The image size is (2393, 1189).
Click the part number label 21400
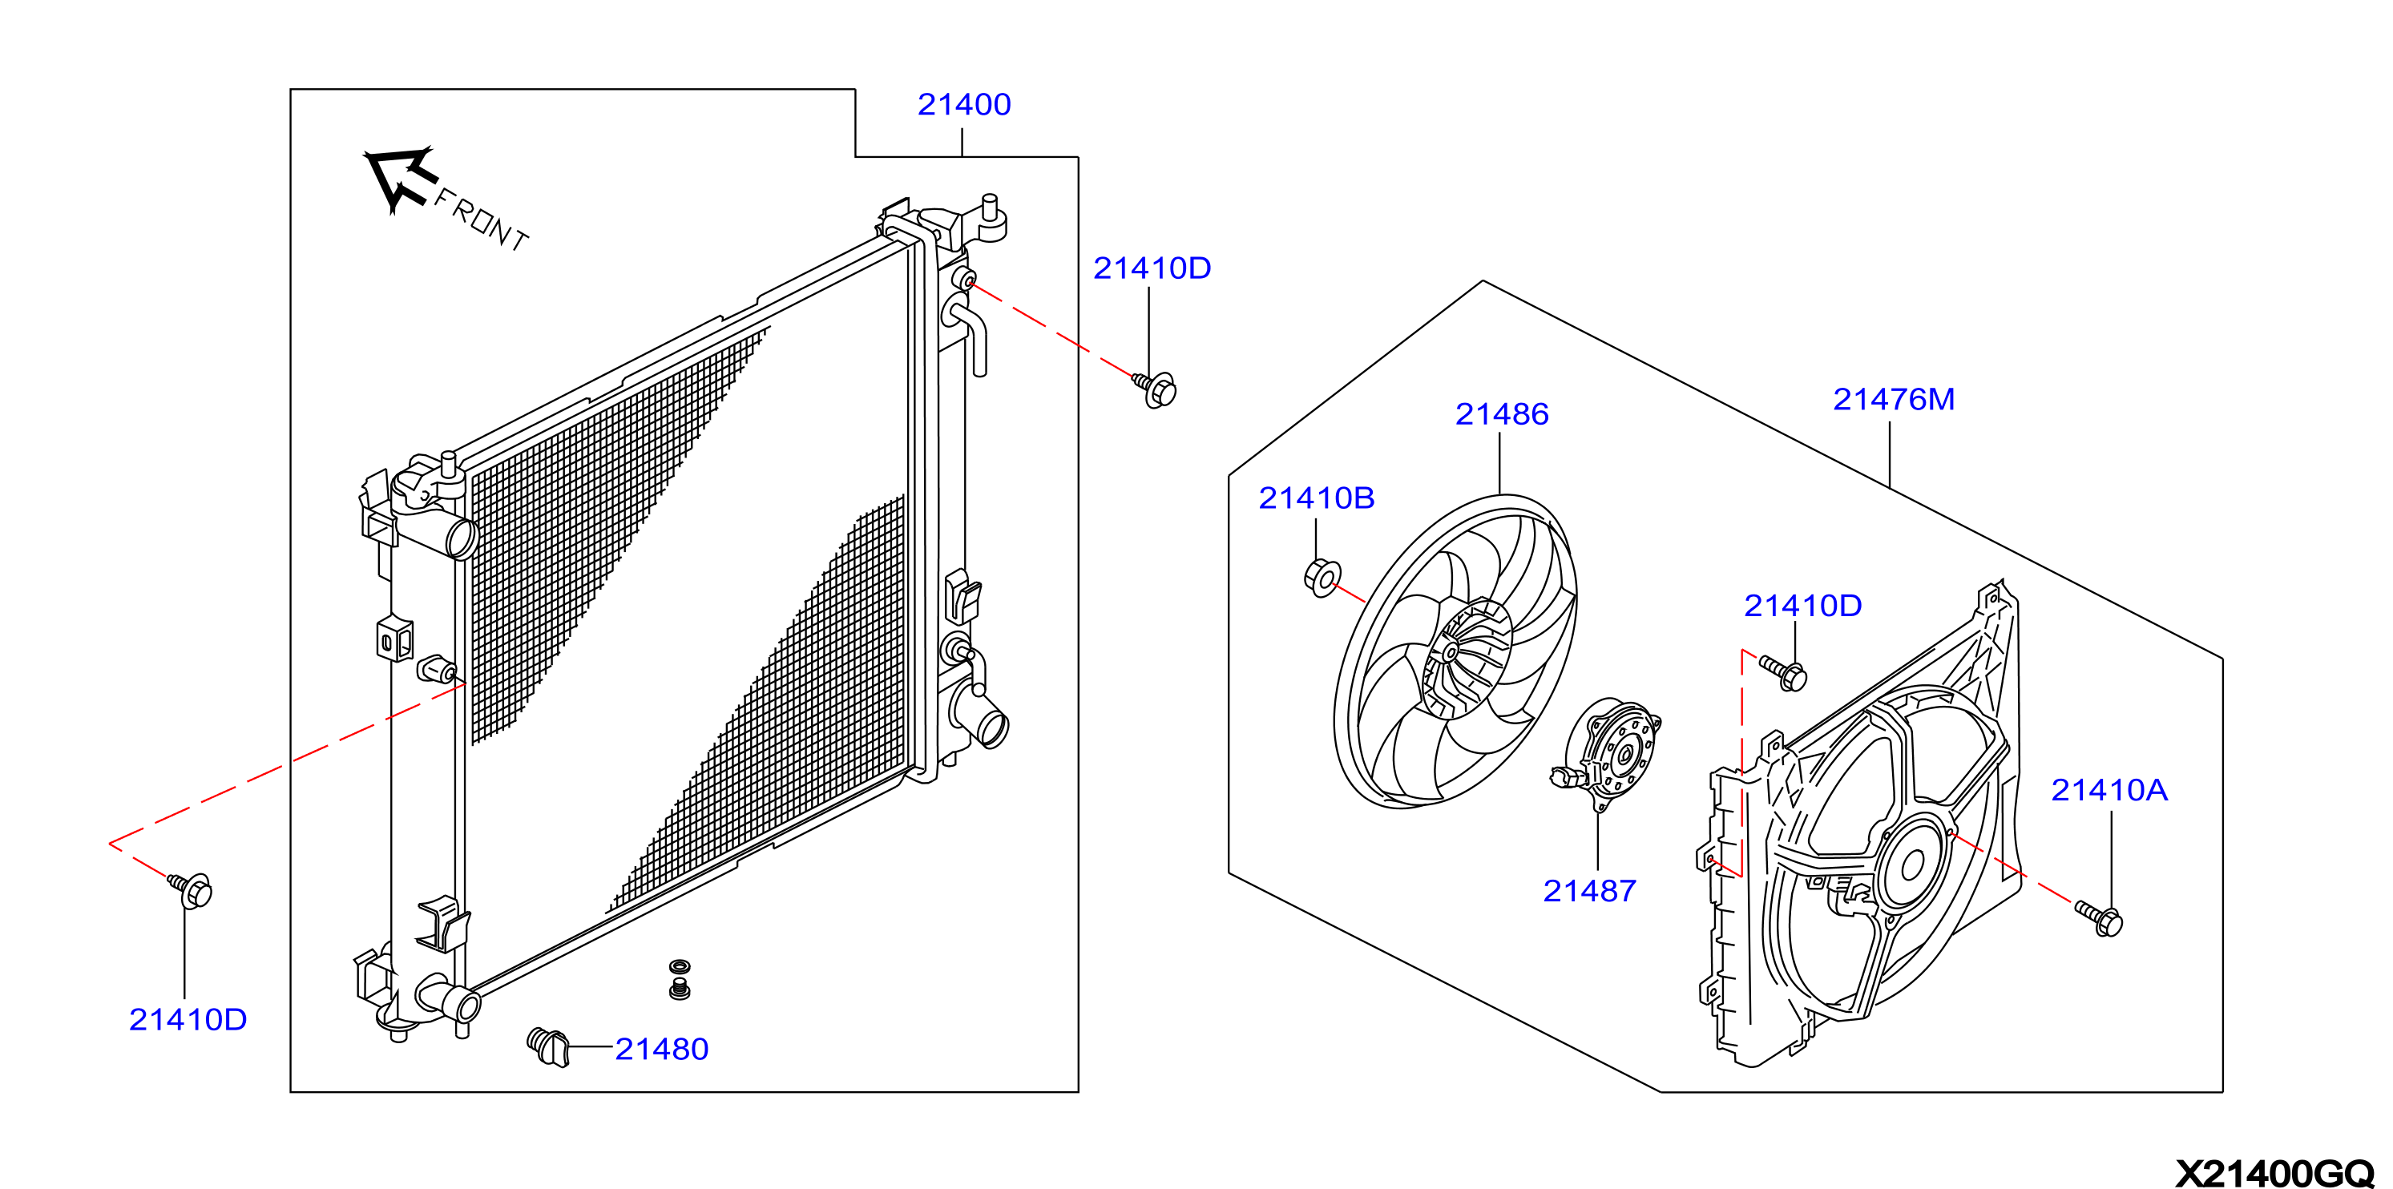(x=963, y=104)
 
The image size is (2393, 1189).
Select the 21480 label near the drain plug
(x=661, y=1049)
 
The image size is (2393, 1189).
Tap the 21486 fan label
(x=1501, y=414)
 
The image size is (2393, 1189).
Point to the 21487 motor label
(x=1589, y=891)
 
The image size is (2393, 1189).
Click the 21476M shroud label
(x=1893, y=400)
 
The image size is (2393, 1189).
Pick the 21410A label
(x=2109, y=791)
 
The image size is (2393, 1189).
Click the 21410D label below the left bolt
(x=188, y=1020)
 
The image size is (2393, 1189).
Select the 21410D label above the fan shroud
(x=1802, y=606)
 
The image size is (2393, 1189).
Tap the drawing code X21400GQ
(x=2274, y=1173)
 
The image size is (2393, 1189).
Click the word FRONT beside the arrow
(x=481, y=220)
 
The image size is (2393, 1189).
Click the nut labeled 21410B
(x=1322, y=577)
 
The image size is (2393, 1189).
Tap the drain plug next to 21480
(x=548, y=1047)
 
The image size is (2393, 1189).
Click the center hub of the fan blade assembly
(x=1451, y=653)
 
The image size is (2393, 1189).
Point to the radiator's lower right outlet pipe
(x=985, y=720)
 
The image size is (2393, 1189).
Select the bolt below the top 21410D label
(x=1155, y=389)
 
